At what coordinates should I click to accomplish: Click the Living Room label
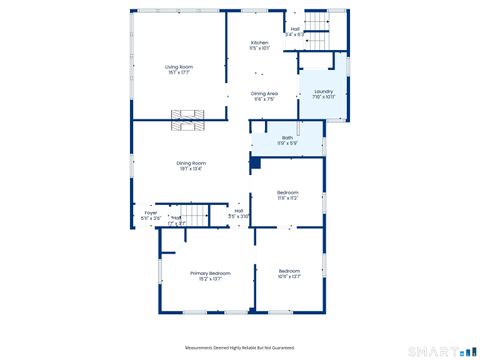pyautogui.click(x=178, y=67)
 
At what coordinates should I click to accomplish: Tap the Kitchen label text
pyautogui.click(x=259, y=43)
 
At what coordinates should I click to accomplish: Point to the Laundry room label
pyautogui.click(x=323, y=92)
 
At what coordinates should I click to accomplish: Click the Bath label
pyautogui.click(x=287, y=138)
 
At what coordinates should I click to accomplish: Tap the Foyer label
pyautogui.click(x=151, y=212)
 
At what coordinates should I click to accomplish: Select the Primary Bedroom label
pyautogui.click(x=211, y=272)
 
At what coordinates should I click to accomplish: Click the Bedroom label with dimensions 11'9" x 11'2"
pyautogui.click(x=288, y=192)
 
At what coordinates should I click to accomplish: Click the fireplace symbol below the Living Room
pyautogui.click(x=187, y=120)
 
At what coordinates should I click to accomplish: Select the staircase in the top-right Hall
pyautogui.click(x=315, y=24)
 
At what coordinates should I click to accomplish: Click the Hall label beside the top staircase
pyautogui.click(x=295, y=29)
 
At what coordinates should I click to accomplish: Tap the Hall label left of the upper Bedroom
pyautogui.click(x=239, y=210)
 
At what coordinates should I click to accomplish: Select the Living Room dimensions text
pyautogui.click(x=178, y=73)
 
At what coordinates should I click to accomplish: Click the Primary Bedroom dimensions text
pyautogui.click(x=211, y=278)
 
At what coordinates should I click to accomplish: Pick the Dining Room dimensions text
pyautogui.click(x=191, y=168)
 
